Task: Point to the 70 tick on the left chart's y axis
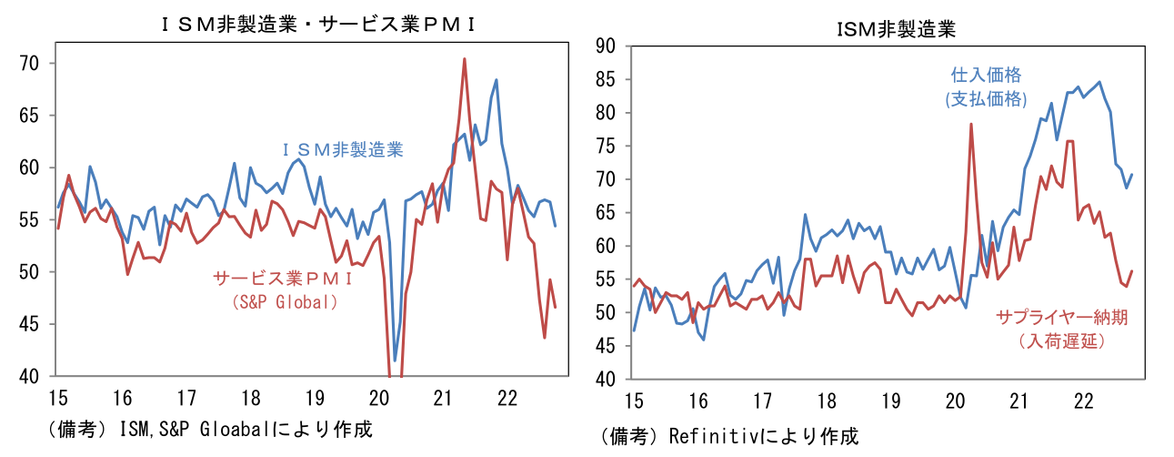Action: [x=30, y=63]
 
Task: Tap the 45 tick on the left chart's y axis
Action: [x=30, y=324]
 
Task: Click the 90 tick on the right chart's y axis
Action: [x=606, y=46]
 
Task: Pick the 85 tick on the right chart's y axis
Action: [x=606, y=79]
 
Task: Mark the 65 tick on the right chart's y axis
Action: [x=606, y=213]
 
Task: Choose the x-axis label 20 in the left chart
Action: [x=379, y=398]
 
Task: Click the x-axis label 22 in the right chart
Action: [x=1083, y=401]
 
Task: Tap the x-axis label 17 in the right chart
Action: [x=761, y=401]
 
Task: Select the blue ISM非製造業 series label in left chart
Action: [x=342, y=149]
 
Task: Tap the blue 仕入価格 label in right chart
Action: [x=986, y=75]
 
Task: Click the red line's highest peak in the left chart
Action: [x=464, y=59]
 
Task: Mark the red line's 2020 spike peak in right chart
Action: [x=971, y=124]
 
